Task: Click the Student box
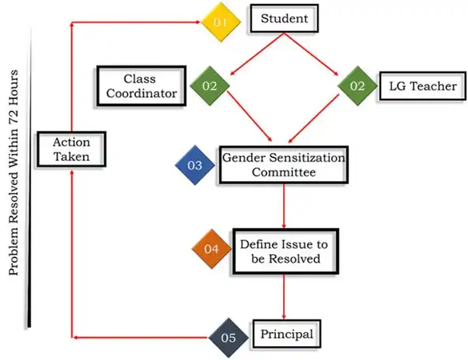pyautogui.click(x=283, y=19)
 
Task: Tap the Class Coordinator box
pyautogui.click(x=140, y=86)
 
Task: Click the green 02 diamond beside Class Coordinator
pyautogui.click(x=209, y=86)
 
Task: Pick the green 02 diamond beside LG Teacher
pyautogui.click(x=357, y=86)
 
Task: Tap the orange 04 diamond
pyautogui.click(x=211, y=250)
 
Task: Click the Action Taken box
pyautogui.click(x=72, y=149)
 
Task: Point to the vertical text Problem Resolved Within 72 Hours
pyautogui.click(x=15, y=171)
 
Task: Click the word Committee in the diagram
pyautogui.click(x=283, y=172)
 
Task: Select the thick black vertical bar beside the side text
pyautogui.click(x=30, y=187)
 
